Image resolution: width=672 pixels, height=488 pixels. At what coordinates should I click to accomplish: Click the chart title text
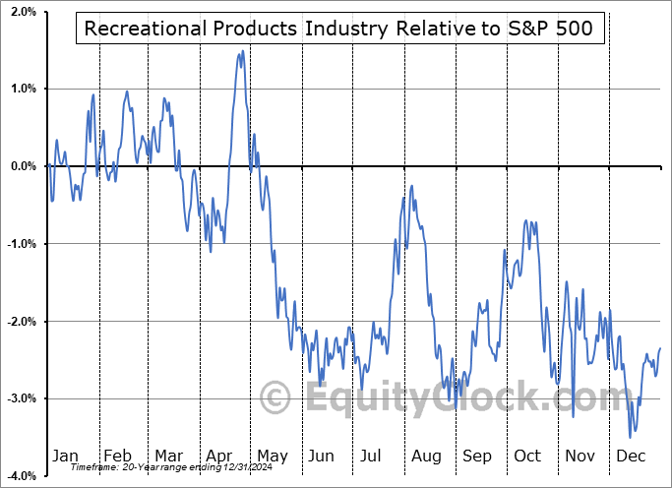click(x=338, y=29)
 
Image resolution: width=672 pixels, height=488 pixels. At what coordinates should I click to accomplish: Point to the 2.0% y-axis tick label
click(x=22, y=12)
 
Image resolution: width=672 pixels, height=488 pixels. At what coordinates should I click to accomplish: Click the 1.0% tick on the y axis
click(x=22, y=89)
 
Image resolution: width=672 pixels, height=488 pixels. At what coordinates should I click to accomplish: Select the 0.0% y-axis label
click(x=22, y=166)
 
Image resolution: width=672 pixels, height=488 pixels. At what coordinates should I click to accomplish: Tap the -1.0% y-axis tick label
click(x=20, y=244)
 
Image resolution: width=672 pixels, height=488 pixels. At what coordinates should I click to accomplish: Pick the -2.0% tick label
click(x=20, y=322)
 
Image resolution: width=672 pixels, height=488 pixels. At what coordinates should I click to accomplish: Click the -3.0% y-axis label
click(x=20, y=398)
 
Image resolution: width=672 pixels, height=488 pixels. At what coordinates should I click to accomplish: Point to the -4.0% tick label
click(x=20, y=476)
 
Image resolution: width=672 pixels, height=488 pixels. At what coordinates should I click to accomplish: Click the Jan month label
click(x=65, y=457)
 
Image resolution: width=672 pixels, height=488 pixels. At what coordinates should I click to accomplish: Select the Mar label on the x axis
click(x=168, y=457)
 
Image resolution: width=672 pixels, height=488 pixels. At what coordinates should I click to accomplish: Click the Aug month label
click(x=426, y=457)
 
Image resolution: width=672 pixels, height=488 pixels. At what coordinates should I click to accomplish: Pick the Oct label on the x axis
click(x=528, y=457)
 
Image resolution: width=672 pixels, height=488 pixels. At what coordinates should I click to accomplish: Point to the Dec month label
click(x=631, y=457)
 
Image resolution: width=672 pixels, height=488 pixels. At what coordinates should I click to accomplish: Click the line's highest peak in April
click(x=242, y=51)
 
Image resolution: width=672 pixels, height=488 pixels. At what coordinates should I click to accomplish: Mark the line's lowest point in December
click(x=631, y=437)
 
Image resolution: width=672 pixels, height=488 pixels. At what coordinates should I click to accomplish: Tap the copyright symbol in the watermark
click(x=275, y=398)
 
